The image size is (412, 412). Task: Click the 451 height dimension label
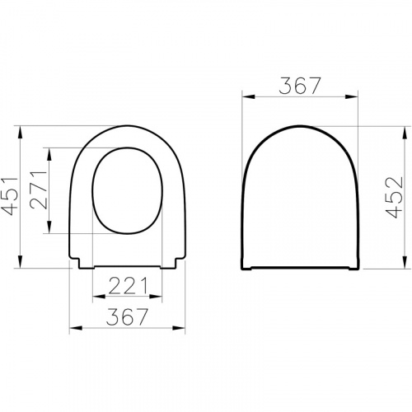(x=10, y=197)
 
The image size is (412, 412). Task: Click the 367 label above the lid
(x=301, y=85)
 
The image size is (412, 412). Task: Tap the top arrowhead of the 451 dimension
(x=21, y=131)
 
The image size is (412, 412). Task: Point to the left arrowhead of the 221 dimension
(x=95, y=296)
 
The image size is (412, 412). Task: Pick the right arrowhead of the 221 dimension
(x=154, y=296)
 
